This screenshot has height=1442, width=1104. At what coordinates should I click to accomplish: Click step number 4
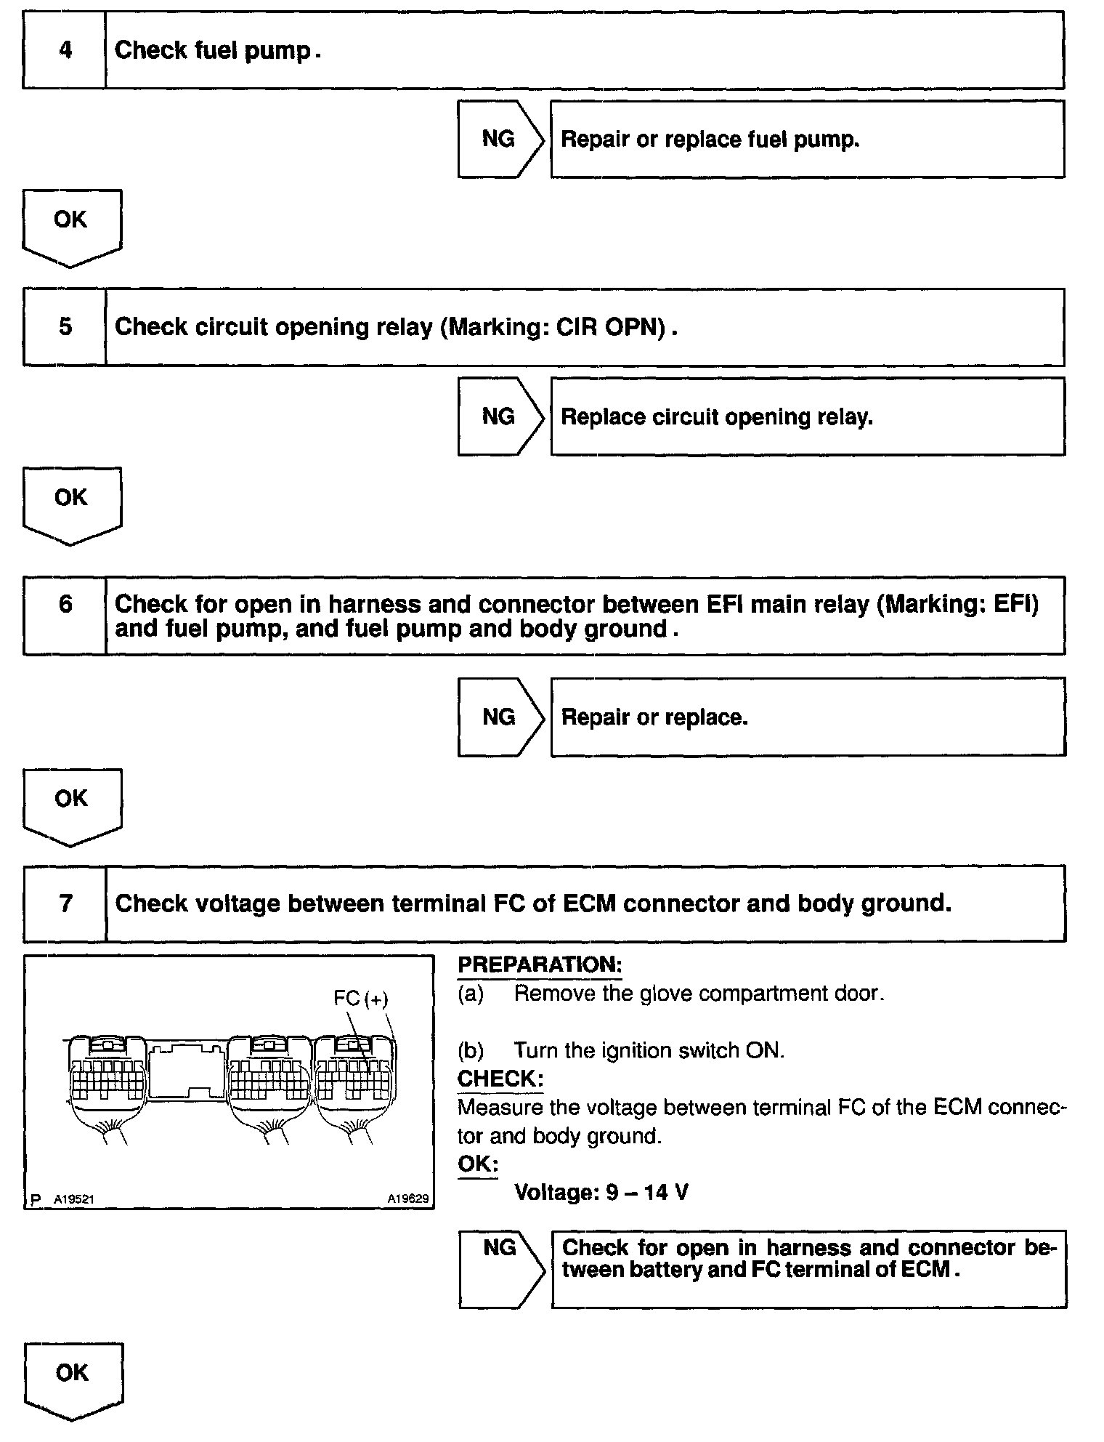point(65,50)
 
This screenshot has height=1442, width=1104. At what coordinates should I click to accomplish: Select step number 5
point(65,326)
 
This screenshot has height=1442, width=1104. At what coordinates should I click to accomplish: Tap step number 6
point(65,604)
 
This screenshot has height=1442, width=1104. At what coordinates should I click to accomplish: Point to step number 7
point(65,903)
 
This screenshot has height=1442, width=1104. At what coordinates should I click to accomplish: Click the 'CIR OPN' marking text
point(609,327)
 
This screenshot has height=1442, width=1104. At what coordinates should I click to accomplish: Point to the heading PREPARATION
point(540,965)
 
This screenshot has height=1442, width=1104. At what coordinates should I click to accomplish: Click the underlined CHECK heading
point(500,1079)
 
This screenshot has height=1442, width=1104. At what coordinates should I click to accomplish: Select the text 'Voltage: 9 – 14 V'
point(601,1192)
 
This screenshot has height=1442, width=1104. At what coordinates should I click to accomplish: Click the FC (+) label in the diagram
point(361,999)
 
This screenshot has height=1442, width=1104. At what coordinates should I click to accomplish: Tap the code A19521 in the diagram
point(74,1199)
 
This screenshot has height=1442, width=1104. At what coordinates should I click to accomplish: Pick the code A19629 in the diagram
point(407,1199)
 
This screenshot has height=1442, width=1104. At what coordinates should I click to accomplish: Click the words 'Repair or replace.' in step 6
point(654,717)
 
